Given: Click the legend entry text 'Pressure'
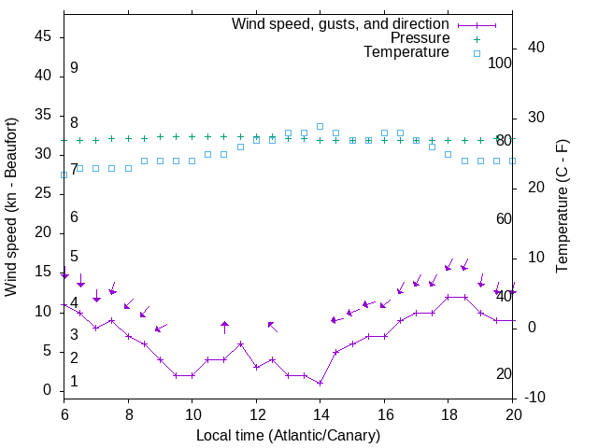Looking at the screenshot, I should [x=420, y=38].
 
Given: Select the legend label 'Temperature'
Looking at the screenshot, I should [x=406, y=52].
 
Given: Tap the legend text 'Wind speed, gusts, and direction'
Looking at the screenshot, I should [x=341, y=23].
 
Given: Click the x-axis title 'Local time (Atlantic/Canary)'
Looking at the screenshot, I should [x=289, y=435].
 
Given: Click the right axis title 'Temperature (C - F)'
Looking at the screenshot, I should [x=562, y=207].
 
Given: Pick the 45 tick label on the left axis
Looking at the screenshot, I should [x=43, y=36].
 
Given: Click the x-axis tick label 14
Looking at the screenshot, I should [x=320, y=413].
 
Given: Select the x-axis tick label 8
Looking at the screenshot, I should [x=128, y=413].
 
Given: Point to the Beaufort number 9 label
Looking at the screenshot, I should [x=74, y=68].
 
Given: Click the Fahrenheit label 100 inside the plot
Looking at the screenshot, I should [x=500, y=63].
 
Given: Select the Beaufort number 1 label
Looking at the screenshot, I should [x=74, y=382].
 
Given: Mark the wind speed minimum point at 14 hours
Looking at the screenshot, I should [x=320, y=383].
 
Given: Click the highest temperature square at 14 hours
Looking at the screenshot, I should [x=320, y=126].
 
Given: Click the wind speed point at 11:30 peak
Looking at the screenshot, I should [x=240, y=343].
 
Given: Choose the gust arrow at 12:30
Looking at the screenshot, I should [x=272, y=326].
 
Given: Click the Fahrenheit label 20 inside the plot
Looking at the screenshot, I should [x=504, y=373].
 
